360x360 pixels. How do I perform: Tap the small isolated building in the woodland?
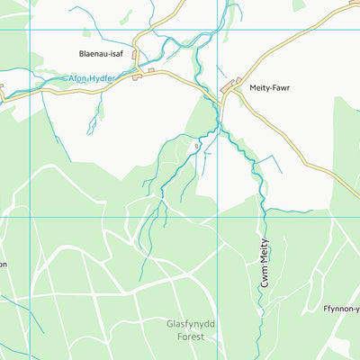tap(194, 145)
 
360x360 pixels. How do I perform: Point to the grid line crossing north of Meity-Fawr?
tap(220, 30)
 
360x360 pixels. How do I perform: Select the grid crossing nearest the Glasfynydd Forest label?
tap(220, 217)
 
